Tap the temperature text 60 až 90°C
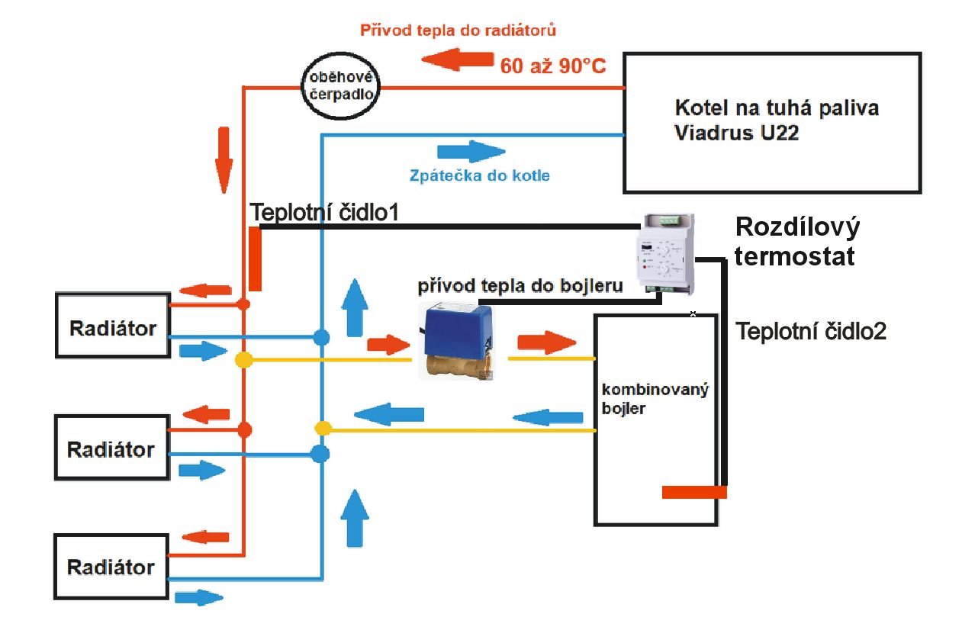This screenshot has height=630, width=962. [552, 66]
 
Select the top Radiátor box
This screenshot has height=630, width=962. [112, 326]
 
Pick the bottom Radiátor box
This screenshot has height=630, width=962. [111, 566]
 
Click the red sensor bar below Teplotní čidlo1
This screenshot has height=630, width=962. [255, 259]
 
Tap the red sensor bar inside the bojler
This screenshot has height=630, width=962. [693, 492]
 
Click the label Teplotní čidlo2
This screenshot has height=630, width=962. [810, 331]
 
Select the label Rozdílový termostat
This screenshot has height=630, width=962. [796, 241]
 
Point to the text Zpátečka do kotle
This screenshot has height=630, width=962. [479, 176]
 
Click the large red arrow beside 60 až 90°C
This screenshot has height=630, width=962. [457, 59]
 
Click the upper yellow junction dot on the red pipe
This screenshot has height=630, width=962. [243, 359]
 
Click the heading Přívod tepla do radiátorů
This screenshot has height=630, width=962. [458, 31]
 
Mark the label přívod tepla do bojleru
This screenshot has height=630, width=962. [520, 286]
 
